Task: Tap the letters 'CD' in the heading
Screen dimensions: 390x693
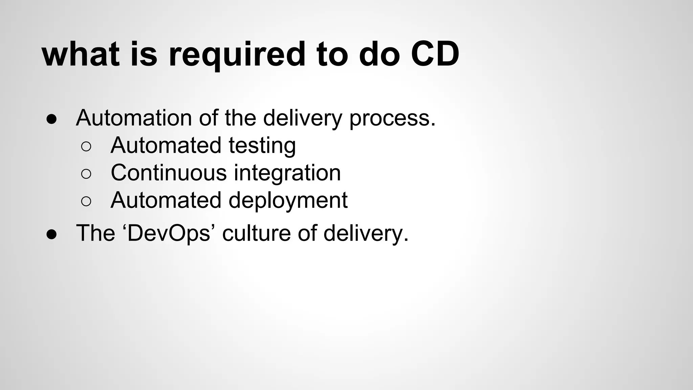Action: tap(435, 54)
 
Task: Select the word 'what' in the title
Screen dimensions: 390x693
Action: tap(81, 54)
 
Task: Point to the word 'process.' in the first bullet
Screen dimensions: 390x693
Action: tap(392, 118)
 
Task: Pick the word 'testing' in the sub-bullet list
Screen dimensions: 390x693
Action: tap(262, 146)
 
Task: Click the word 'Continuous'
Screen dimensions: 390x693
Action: tap(169, 173)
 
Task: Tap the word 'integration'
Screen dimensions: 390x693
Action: tap(287, 173)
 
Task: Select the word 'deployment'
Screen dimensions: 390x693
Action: tap(288, 201)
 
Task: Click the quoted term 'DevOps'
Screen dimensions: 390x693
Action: tap(169, 233)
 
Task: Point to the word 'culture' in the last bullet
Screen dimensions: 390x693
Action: tap(256, 233)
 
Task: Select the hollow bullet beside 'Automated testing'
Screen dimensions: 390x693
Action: tap(86, 147)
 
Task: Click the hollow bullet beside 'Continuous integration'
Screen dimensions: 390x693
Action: tap(86, 174)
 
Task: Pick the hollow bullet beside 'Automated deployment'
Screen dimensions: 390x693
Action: tap(86, 201)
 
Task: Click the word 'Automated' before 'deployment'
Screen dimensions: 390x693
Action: tap(166, 200)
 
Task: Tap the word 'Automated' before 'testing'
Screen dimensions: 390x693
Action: tap(166, 145)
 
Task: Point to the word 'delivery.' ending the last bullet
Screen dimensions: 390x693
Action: tap(366, 233)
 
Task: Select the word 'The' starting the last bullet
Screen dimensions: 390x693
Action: tap(95, 233)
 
